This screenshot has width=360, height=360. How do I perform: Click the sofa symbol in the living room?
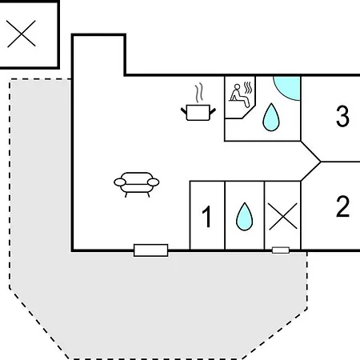137,185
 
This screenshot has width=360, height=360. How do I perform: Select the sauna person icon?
240,95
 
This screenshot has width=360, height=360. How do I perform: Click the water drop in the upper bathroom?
271,118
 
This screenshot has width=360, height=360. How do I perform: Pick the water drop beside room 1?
244,217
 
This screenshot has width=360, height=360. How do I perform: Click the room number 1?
206,217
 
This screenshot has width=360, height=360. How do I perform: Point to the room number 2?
342,206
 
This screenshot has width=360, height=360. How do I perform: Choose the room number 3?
342,116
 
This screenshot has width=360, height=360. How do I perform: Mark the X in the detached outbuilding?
22,34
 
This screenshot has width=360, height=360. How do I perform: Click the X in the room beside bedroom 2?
283,216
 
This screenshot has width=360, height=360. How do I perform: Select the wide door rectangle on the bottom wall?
151,250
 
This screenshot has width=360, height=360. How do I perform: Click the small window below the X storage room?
281,250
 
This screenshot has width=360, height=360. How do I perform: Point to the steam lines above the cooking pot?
199,93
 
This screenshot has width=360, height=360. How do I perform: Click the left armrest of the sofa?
120,182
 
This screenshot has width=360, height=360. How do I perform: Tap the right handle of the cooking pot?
213,111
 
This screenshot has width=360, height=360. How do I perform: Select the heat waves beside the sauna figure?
248,88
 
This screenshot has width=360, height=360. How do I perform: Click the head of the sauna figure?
237,86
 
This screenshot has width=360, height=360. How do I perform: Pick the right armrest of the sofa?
154,182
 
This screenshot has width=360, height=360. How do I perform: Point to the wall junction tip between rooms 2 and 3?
321,162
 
